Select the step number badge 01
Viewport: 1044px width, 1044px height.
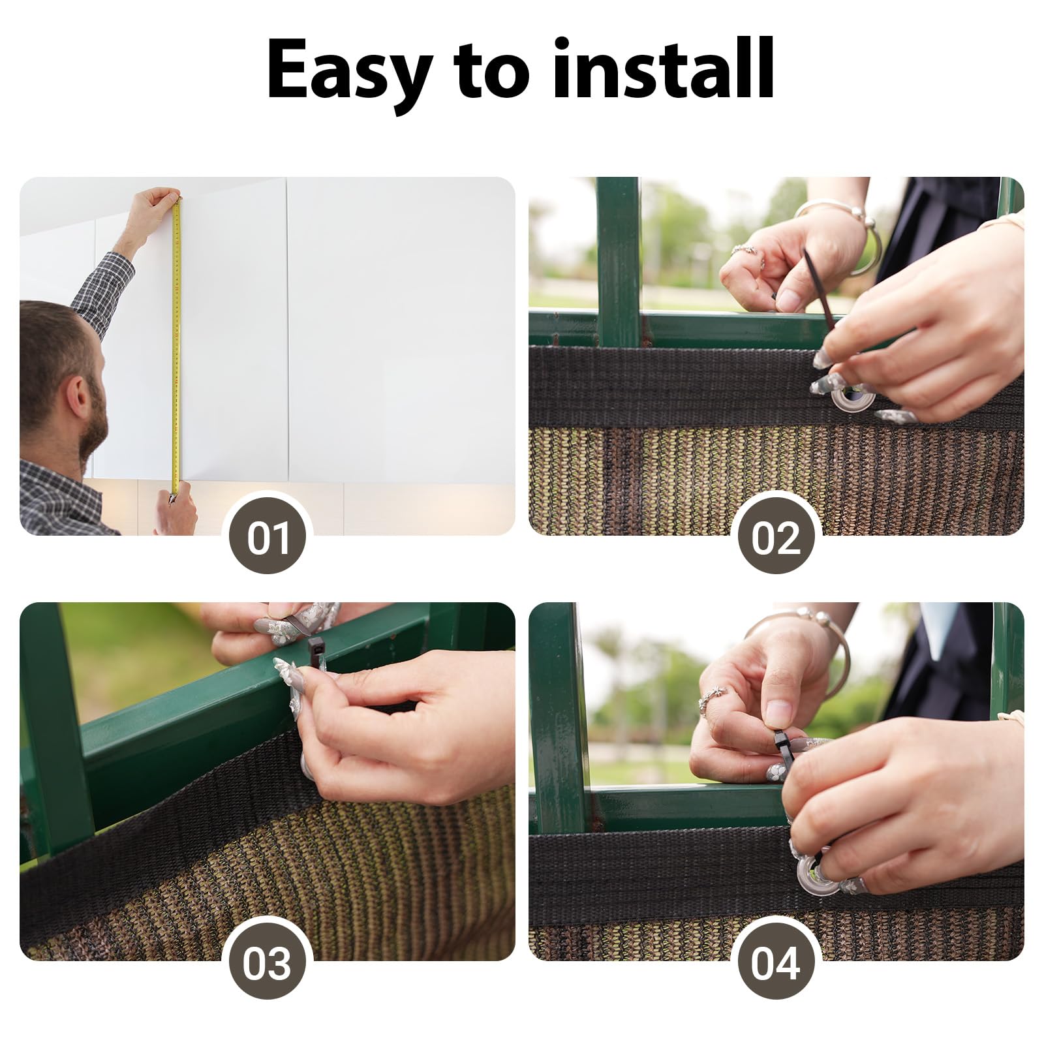click(268, 539)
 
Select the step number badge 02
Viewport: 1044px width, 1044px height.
click(776, 539)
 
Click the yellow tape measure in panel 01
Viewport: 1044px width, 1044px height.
click(177, 346)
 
